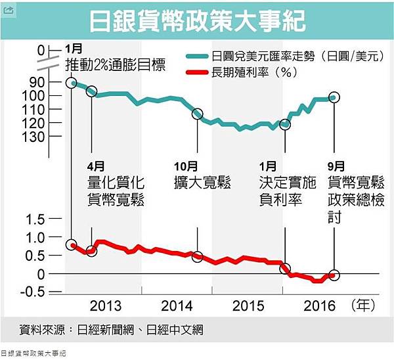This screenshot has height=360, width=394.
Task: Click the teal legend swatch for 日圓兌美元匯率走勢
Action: pos(196,57)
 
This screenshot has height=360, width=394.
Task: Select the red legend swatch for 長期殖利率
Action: pos(196,74)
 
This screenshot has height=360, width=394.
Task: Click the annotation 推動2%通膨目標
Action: pos(116,64)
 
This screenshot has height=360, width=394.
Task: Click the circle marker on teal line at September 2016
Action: pos(334,97)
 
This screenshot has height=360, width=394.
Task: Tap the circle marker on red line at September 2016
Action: pos(334,275)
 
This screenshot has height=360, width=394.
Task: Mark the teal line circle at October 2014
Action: pos(197,114)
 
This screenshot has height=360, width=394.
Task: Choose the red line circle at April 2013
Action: pos(91,251)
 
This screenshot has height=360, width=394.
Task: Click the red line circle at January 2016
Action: pos(285,268)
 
